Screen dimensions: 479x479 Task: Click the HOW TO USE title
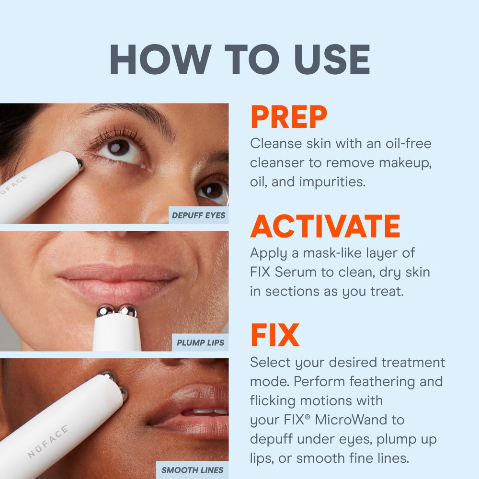pos(239,59)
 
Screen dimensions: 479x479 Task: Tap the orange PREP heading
pos(288,117)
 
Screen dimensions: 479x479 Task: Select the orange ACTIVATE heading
pos(325,227)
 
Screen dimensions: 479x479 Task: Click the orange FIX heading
pos(274,336)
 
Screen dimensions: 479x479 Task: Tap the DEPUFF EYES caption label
pos(198,216)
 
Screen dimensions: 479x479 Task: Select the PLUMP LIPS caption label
pos(200,343)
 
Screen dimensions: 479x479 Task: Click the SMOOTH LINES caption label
pos(192,470)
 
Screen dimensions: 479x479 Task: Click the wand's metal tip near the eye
pos(80,163)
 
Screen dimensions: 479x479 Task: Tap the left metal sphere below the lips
pos(104,311)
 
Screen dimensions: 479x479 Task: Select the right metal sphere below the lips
pos(127,311)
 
